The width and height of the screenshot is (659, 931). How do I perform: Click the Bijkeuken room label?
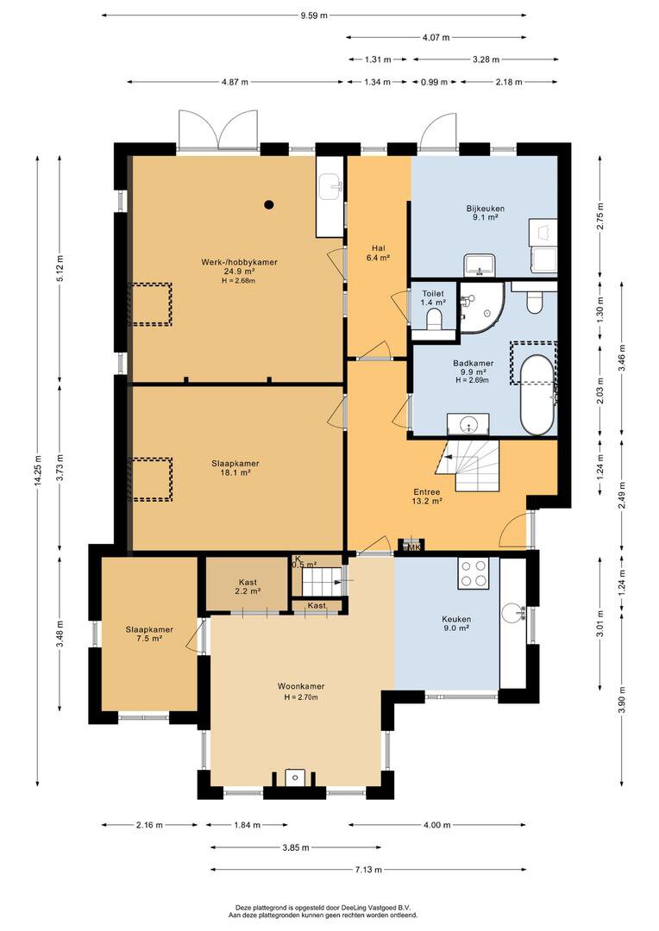click(x=486, y=209)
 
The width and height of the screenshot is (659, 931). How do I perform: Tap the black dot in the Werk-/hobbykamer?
click(x=269, y=205)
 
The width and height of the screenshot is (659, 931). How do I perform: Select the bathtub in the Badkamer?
click(x=537, y=396)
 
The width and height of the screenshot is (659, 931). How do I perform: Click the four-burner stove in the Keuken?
click(x=473, y=573)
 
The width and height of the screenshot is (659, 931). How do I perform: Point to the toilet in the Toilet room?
click(x=434, y=321)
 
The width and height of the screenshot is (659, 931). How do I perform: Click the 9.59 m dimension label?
click(x=314, y=16)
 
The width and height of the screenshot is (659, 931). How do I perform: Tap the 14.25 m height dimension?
click(x=38, y=471)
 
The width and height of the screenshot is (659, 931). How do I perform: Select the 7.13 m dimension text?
click(x=368, y=870)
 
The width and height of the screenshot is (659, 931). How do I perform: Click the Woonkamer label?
click(x=301, y=686)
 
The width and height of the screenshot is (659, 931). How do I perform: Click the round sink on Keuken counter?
click(x=512, y=613)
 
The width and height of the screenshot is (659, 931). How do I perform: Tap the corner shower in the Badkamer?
click(x=482, y=307)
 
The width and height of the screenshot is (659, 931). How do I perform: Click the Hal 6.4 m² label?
click(x=379, y=253)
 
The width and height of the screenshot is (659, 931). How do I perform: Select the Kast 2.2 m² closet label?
click(x=248, y=587)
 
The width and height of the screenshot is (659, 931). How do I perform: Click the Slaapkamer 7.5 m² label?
click(x=149, y=634)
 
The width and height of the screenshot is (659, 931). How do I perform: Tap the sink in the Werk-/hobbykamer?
click(x=330, y=187)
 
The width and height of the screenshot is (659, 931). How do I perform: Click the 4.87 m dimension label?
click(x=235, y=82)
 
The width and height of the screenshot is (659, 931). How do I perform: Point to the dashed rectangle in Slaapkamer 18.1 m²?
click(x=151, y=479)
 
